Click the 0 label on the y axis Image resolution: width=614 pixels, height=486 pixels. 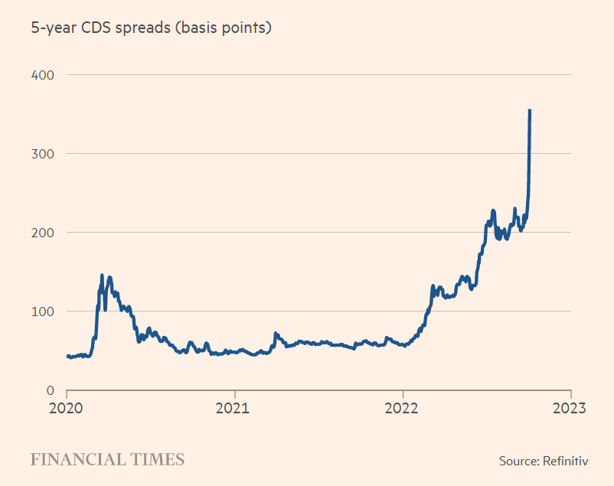pos(48,390)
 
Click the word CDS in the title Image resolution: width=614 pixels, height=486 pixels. pos(99,28)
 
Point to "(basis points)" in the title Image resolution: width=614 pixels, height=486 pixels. pos(227,29)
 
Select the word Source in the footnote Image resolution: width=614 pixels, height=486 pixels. pos(517,461)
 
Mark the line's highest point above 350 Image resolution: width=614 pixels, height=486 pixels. pos(530,110)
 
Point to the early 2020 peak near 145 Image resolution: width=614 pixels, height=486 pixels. pos(102,275)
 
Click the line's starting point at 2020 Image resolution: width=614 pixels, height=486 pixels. pos(67,356)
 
